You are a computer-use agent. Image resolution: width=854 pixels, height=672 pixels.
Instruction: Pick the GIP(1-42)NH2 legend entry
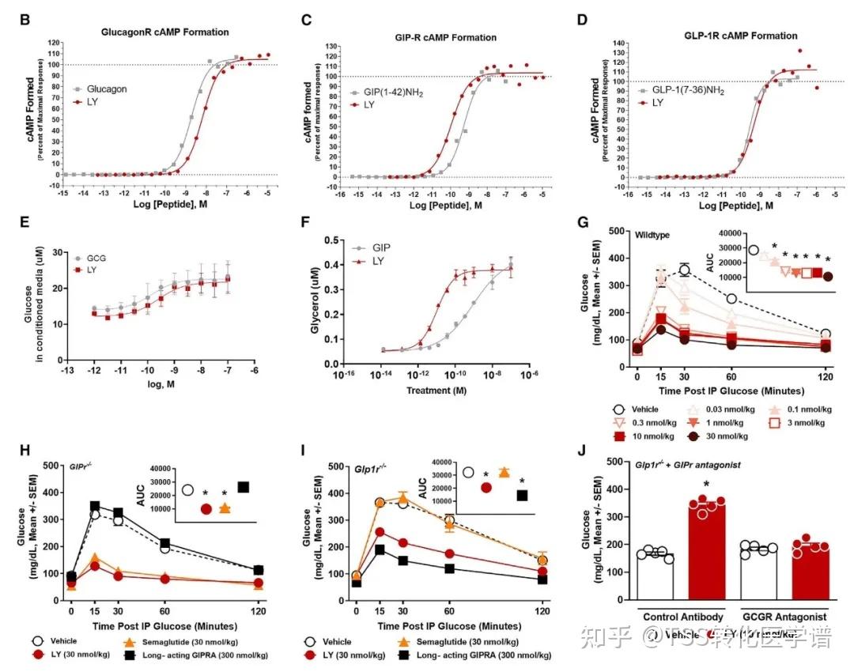(395, 93)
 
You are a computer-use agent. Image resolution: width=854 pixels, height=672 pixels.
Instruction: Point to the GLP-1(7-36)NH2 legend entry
(685, 89)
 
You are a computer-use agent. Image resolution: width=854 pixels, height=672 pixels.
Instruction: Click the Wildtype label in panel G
(652, 235)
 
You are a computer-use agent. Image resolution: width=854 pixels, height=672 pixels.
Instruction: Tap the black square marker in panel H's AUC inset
(244, 487)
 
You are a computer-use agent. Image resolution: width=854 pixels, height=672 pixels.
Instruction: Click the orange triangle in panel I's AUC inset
(504, 472)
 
